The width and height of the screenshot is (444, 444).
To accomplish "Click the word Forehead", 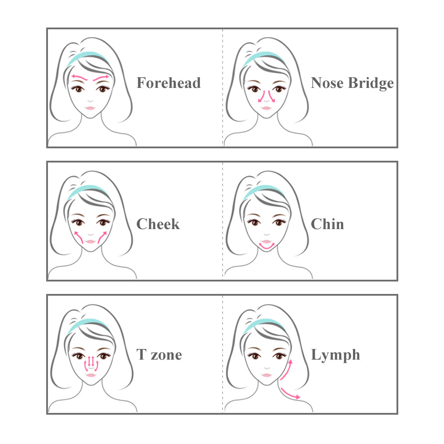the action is coord(168,83).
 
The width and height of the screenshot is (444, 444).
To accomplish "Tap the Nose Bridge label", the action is coord(352,83).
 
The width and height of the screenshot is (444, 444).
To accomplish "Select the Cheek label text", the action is coord(158,224).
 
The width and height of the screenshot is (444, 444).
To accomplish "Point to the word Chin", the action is coord(327,224).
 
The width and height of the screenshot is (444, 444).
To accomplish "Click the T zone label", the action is coord(159,354).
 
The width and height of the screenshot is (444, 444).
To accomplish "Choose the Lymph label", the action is coord(336,355).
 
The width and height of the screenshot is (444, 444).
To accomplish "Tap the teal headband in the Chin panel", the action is coord(264,190).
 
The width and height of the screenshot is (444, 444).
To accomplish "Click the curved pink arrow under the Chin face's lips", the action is coord(267,248).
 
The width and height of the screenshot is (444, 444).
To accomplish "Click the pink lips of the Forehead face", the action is coord(90,108).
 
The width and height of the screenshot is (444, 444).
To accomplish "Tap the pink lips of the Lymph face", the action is coord(267,375).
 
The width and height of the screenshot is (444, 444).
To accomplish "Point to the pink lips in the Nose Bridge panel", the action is coord(266,108).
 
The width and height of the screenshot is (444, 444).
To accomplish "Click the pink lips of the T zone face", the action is coord(91,375).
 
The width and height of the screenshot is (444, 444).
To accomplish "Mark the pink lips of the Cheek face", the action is coord(90,242).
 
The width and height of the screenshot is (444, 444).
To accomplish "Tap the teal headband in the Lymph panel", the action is coord(264,323).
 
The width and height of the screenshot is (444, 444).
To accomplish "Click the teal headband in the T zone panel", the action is coord(88,323).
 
